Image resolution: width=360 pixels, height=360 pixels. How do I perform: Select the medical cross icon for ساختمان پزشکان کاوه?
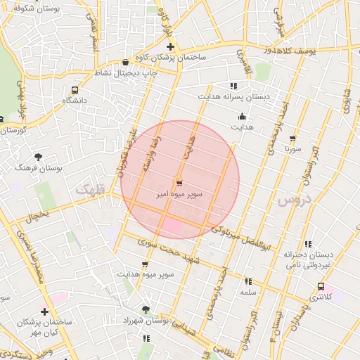click(x=170, y=46)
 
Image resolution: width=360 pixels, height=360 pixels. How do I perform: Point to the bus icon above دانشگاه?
click(x=75, y=90)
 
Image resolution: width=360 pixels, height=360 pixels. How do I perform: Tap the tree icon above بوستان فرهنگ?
click(x=38, y=156)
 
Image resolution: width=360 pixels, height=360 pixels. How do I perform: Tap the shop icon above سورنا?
click(x=292, y=139)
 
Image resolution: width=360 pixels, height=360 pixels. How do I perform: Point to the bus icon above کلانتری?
click(x=321, y=286)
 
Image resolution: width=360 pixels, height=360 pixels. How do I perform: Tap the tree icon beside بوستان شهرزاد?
click(x=146, y=309)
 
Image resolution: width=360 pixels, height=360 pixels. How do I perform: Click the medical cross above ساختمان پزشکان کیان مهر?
click(x=45, y=311)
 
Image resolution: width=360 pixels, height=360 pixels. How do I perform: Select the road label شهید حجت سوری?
click(x=170, y=251)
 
